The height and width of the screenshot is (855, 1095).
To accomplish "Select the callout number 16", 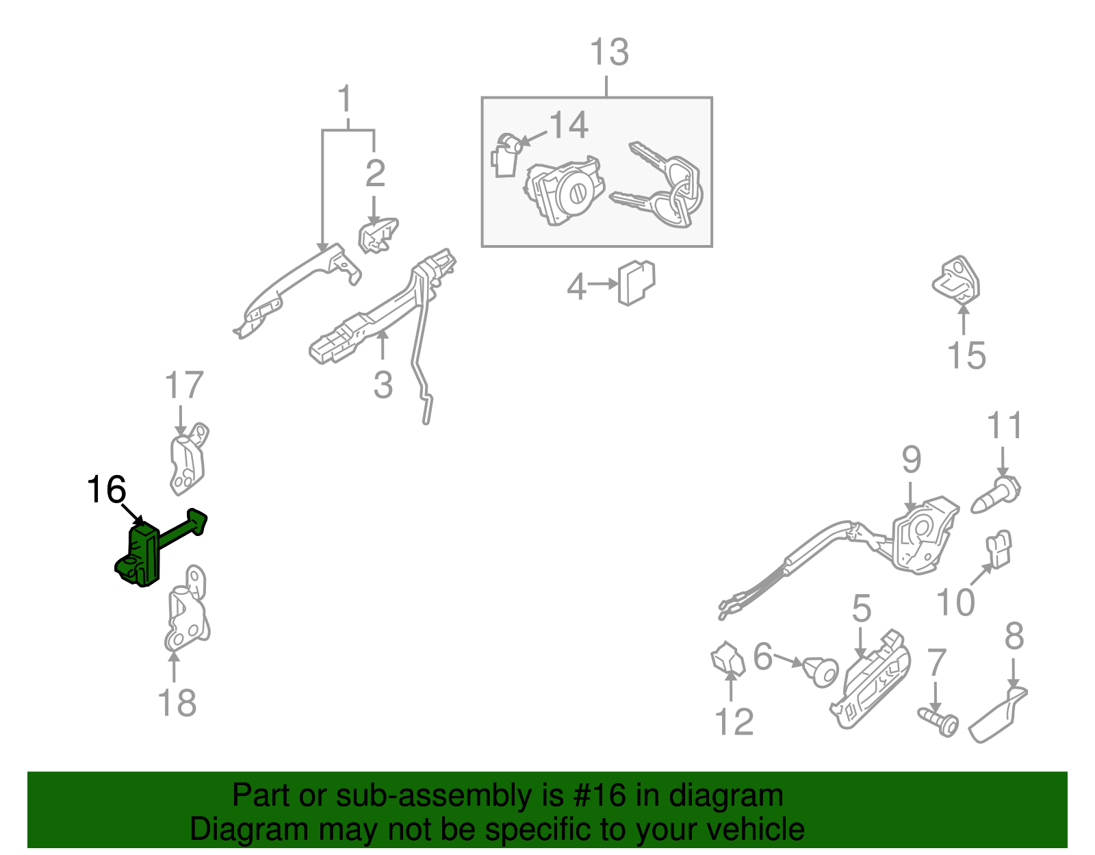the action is coord(106,489).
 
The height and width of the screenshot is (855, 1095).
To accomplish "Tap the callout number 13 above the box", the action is coord(609,52).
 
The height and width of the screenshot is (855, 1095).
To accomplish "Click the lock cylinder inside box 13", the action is coord(565,192).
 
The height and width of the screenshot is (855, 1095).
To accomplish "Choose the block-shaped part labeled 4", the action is coord(636,282).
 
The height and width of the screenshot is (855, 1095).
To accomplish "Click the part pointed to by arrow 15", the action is coord(956,281).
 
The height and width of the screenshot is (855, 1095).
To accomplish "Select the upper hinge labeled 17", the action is coord(188,459).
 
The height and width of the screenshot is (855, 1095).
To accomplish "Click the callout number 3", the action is coord(383,385).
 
